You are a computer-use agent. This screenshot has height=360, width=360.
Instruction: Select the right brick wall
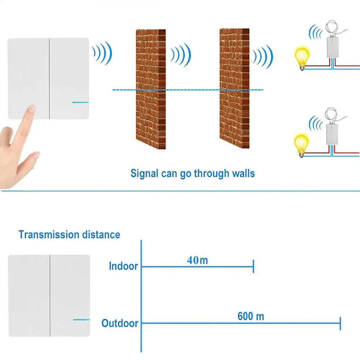(234, 88)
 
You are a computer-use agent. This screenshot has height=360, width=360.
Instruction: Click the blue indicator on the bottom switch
(81, 319)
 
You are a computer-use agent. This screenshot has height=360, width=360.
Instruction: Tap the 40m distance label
(197, 260)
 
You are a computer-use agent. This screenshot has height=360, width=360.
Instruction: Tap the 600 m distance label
(251, 316)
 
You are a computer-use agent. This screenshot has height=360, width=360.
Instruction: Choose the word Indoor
(123, 266)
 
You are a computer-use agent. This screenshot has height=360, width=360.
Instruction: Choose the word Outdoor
(120, 323)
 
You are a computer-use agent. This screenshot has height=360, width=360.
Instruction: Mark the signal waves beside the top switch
(103, 53)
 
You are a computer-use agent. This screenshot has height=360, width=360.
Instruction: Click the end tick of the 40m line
(254, 267)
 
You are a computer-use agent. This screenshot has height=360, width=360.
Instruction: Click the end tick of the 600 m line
(340, 323)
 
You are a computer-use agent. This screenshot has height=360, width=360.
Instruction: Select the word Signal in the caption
(144, 173)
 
